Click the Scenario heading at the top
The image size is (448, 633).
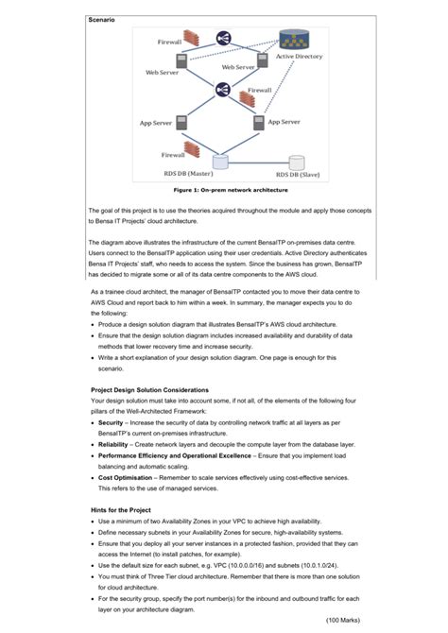[102, 20]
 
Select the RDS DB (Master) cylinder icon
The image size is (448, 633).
[220, 162]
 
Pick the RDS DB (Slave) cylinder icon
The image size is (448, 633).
[297, 163]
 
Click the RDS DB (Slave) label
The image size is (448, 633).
[297, 175]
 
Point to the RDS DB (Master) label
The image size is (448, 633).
[188, 174]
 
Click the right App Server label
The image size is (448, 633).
[284, 122]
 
